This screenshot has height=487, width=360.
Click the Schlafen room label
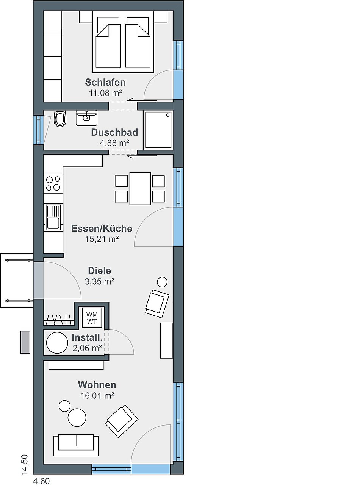click(105, 82)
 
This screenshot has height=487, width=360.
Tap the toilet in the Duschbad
click(60, 119)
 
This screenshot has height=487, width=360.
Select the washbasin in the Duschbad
click(86, 118)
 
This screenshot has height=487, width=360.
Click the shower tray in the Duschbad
click(158, 130)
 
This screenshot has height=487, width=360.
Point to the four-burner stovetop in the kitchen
click(53, 183)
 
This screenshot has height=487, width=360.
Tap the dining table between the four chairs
click(140, 189)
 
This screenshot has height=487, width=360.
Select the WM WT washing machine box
click(92, 318)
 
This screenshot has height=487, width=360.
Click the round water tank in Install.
click(57, 343)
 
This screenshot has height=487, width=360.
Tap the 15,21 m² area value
click(102, 239)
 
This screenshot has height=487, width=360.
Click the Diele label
click(99, 271)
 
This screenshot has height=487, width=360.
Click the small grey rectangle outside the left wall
click(25, 342)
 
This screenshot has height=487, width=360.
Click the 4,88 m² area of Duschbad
click(114, 143)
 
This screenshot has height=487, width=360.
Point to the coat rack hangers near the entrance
click(58, 320)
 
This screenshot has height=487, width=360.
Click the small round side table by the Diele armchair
click(162, 282)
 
